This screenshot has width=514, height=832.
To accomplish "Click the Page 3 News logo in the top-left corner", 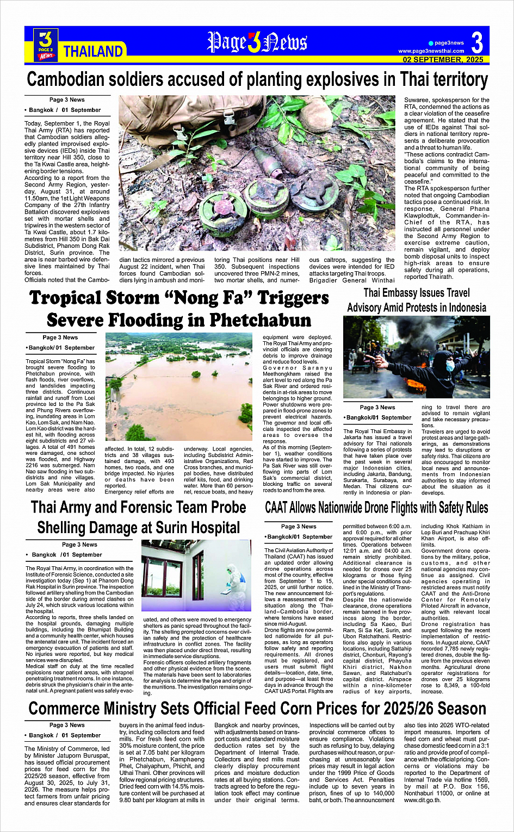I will point(46,44).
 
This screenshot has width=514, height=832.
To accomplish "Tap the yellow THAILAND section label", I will point(93,52).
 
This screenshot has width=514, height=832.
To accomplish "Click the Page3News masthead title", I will point(257,42).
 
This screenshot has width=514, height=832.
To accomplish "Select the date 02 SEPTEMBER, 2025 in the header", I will point(443,60).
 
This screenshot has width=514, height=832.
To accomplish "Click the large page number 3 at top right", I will point(477,43).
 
